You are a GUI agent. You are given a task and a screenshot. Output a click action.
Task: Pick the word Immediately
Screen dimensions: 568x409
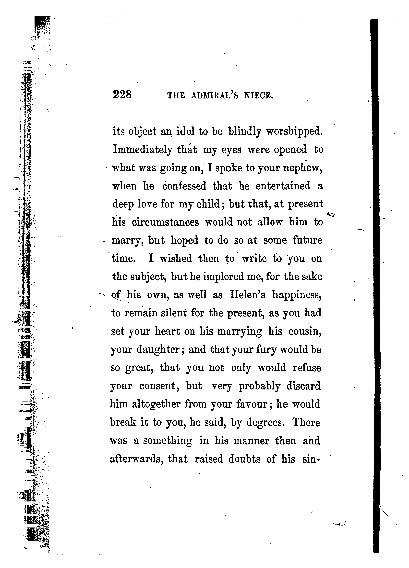coord(142,150)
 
